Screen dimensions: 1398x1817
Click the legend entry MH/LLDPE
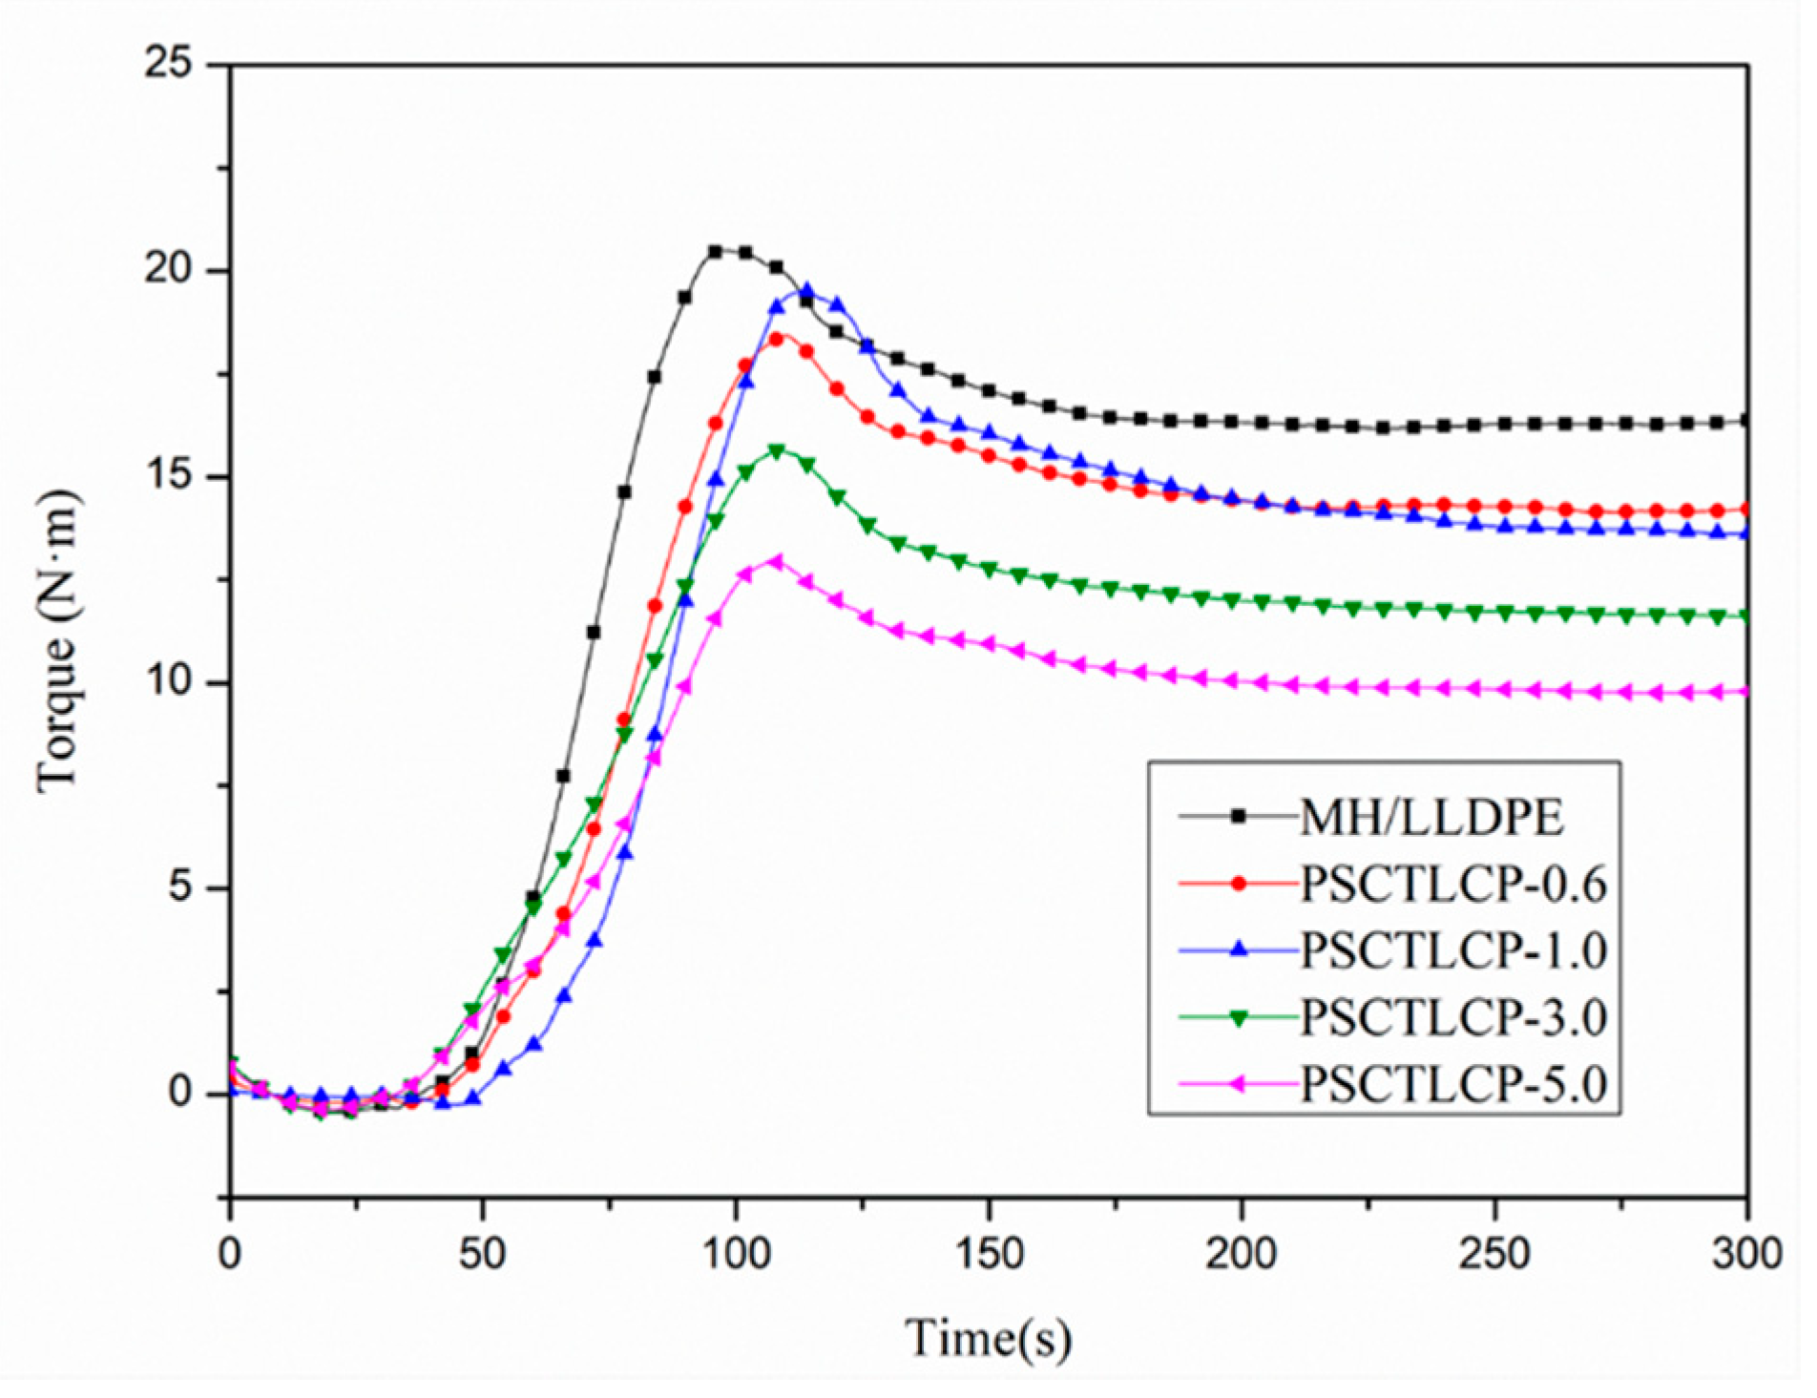1431,819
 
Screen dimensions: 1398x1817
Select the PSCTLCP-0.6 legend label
1453,885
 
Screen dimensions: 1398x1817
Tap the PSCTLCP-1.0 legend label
1453,951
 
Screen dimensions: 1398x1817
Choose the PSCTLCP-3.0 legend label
1453,1018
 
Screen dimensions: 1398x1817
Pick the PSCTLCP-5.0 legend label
1453,1085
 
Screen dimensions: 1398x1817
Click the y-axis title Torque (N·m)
57,641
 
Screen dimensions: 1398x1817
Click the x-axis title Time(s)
988,1338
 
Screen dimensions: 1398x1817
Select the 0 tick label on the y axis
181,1093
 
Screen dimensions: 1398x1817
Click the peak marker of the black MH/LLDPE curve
716,252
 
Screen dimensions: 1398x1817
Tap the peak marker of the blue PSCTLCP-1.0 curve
806,291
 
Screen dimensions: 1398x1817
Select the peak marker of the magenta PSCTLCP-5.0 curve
776,562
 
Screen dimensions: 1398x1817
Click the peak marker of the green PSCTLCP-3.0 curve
776,450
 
